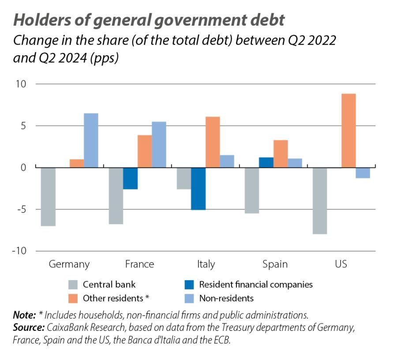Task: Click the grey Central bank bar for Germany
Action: [48, 197]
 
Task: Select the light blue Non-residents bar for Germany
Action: [91, 141]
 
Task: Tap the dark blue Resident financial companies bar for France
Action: [130, 178]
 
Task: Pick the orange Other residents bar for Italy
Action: [212, 142]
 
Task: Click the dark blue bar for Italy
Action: [198, 189]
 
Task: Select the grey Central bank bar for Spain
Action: [251, 190]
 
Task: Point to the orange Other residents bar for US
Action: [348, 131]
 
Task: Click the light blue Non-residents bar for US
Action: [363, 173]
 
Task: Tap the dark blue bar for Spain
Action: [266, 163]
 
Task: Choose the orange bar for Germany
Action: [77, 163]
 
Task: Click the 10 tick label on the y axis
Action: [22, 84]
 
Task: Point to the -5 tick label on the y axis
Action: [21, 209]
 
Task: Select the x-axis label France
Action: [139, 264]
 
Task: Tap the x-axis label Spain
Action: [275, 264]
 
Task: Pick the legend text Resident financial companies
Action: [256, 285]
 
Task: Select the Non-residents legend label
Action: [226, 298]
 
